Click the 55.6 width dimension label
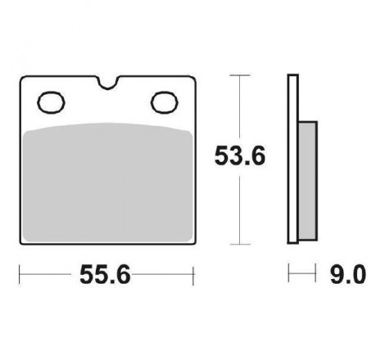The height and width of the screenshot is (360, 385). pyautogui.click(x=105, y=275)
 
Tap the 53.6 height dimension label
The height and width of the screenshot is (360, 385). pyautogui.click(x=240, y=156)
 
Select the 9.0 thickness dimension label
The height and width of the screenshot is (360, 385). pyautogui.click(x=348, y=275)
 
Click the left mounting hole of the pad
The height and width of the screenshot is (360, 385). pyautogui.click(x=51, y=102)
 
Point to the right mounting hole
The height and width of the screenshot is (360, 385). pyautogui.click(x=165, y=102)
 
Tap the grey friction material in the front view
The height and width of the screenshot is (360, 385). pyautogui.click(x=108, y=182)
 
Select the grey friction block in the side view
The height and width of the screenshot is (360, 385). pyautogui.click(x=308, y=181)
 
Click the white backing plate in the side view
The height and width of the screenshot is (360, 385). pyautogui.click(x=293, y=159)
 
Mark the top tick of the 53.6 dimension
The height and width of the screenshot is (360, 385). pyautogui.click(x=240, y=75)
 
